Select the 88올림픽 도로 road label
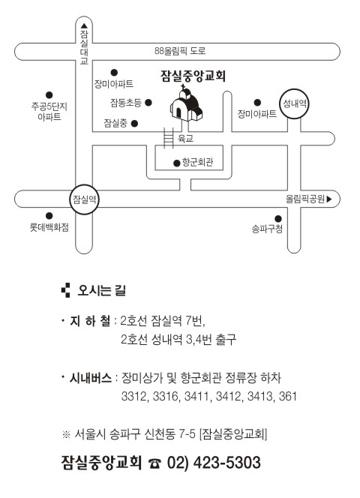click(180, 51)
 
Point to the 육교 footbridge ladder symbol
click(169, 138)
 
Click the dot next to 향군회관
click(177, 163)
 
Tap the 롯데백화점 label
click(49, 227)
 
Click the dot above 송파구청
click(278, 218)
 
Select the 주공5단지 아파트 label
click(49, 111)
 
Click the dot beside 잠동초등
click(148, 102)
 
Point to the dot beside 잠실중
click(134, 123)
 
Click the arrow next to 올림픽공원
click(329, 199)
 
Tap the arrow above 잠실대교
click(84, 25)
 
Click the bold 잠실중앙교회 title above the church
click(193, 76)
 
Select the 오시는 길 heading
click(102, 290)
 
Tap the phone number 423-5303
click(226, 463)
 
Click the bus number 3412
click(228, 396)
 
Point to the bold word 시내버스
click(91, 378)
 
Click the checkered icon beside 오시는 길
click(65, 290)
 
